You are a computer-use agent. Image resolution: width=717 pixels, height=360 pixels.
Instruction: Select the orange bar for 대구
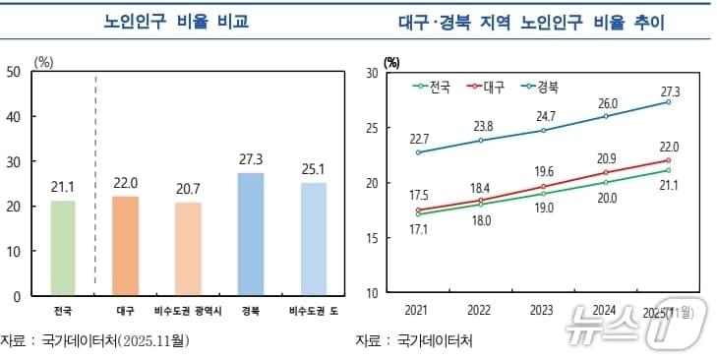point(127,246)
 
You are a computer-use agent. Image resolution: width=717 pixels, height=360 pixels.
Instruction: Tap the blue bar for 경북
point(251,234)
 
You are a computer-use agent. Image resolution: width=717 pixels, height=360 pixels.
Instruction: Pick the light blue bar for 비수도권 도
point(314,239)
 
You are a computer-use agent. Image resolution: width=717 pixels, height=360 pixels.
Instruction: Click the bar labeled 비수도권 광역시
point(189,249)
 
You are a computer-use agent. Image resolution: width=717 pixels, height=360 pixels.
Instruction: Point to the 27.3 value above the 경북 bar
point(251,158)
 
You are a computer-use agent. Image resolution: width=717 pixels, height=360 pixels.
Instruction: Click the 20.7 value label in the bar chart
point(189,188)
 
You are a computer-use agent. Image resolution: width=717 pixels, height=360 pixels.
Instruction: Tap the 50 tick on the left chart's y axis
point(14,71)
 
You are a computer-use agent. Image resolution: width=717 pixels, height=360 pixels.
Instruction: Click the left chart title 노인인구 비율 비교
point(176,22)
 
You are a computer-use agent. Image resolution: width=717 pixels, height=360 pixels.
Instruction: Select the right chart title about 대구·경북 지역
point(532,22)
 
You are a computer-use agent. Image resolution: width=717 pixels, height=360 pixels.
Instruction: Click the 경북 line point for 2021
point(418,152)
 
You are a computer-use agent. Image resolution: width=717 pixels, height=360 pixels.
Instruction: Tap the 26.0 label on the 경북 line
point(607,103)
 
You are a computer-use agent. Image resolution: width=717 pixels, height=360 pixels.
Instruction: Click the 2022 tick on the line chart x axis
point(480,311)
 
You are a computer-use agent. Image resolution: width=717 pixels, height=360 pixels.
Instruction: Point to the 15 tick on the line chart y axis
point(373,238)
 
